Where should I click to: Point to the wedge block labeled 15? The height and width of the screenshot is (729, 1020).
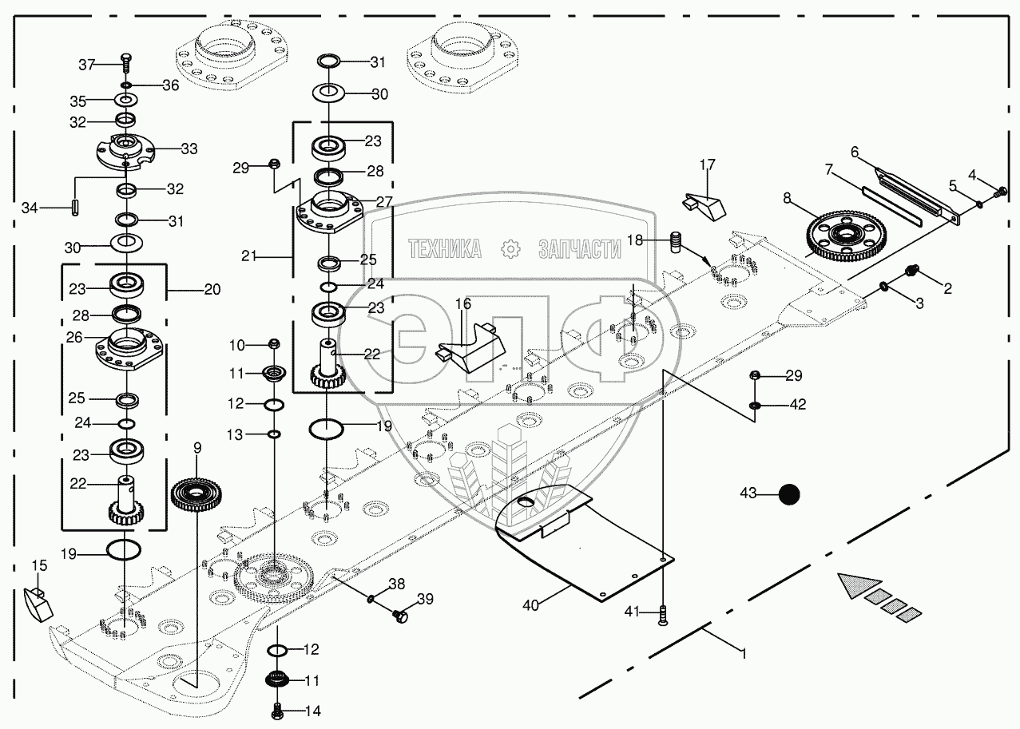point(38,604)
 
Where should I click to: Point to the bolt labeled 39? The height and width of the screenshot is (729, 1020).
point(401,615)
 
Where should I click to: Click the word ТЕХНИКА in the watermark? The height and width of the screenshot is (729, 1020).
point(445,249)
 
